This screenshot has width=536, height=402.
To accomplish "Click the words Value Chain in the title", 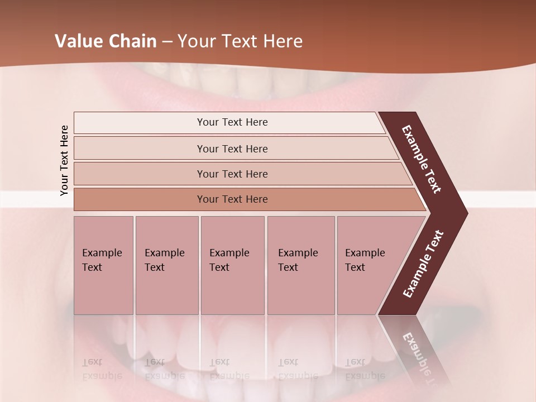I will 106,41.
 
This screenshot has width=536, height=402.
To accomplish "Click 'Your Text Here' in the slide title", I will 240,41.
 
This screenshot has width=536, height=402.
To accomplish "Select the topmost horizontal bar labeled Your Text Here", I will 232,122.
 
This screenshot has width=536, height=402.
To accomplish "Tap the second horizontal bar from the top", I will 232,149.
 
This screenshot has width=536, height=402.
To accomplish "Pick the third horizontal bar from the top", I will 232,174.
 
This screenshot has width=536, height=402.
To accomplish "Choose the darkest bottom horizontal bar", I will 232,199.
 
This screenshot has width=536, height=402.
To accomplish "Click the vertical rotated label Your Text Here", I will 64,160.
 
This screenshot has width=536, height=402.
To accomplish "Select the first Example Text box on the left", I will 103,265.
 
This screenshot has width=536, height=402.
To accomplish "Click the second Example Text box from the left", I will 166,265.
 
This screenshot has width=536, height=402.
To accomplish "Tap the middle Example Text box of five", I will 232,265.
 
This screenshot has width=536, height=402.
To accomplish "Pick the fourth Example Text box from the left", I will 300,265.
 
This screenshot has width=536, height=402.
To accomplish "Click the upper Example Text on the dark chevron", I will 422,160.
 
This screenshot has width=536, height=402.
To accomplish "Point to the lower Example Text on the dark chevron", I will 423,264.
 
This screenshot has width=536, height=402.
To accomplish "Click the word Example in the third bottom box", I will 229,253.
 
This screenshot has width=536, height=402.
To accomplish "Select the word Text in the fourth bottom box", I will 288,267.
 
